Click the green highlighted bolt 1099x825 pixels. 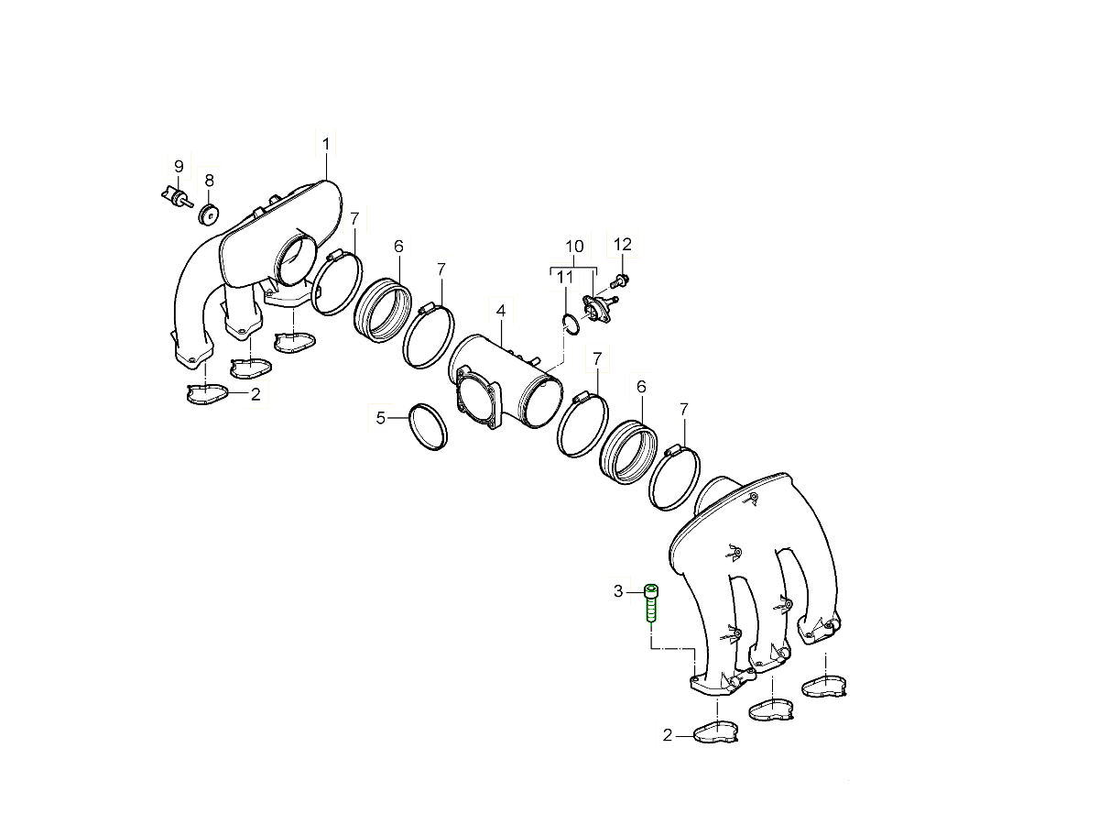[x=650, y=603]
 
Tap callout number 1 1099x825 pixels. [x=326, y=144]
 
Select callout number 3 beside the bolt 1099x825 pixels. [x=618, y=591]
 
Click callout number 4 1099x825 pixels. [x=501, y=311]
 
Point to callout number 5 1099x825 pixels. [x=380, y=418]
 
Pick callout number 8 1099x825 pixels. [x=210, y=181]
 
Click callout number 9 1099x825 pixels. [x=179, y=166]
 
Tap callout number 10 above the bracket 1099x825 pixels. [x=574, y=247]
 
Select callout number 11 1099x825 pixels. [x=565, y=277]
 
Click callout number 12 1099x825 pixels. [x=623, y=245]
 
